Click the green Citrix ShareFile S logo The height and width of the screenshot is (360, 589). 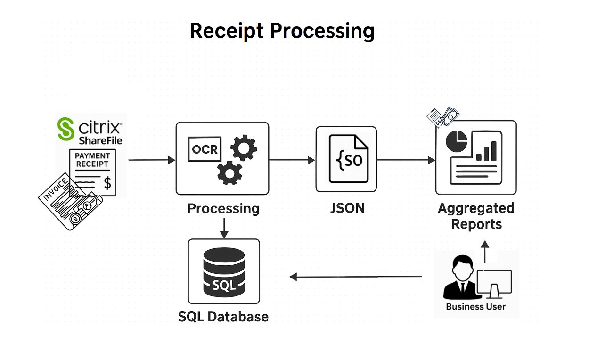pos(65,129)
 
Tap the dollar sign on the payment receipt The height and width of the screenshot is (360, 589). pos(107,182)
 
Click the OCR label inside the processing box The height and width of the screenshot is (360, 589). pos(205,149)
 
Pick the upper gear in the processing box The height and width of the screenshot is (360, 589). pos(244,148)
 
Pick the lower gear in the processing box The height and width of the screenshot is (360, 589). pos(229,172)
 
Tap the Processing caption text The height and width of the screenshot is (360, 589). pos(223,208)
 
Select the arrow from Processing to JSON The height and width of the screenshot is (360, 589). pos(292,160)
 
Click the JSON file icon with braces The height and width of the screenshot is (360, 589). pos(349,159)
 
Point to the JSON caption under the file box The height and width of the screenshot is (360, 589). pos(347,208)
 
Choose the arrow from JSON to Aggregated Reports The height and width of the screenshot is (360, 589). pos(406,160)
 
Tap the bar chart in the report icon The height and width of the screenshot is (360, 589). pos(486,152)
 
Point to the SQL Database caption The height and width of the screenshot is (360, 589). pos(223,317)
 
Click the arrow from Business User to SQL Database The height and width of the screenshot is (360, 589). pos(356,277)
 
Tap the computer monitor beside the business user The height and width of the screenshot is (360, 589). pos(494,283)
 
